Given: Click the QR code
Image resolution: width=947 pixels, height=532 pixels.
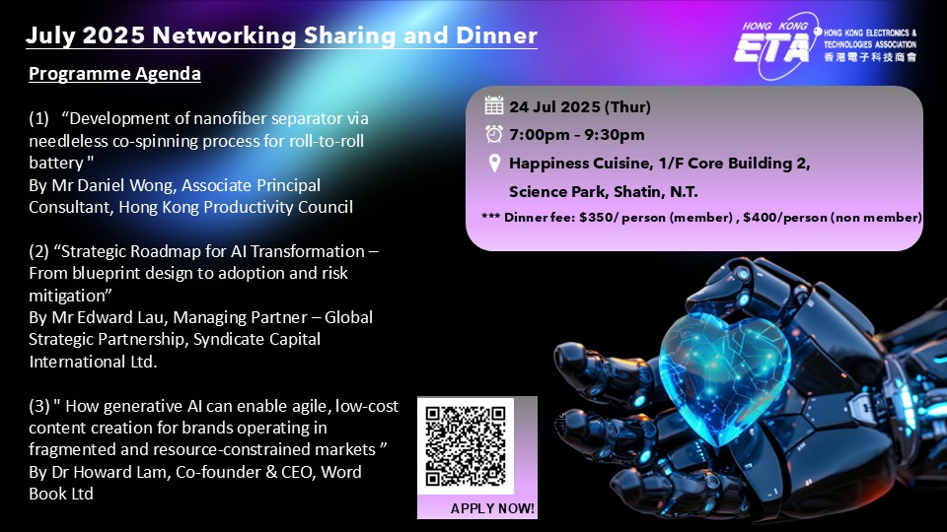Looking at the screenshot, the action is pos(465,445).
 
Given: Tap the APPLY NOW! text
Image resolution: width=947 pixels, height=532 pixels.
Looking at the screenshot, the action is pos(492,508).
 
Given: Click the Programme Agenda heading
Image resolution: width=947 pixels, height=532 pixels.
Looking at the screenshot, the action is pos(114,74).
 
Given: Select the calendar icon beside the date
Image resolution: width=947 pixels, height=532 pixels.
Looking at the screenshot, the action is pos(493,105).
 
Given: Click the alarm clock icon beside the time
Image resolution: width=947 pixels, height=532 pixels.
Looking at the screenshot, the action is pos(494,134).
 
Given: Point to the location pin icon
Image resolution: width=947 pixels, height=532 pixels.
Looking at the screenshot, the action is pos(494,164).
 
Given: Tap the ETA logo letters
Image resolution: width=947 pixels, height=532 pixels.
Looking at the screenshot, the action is pos(771,47).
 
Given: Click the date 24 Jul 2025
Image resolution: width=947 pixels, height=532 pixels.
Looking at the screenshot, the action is pos(554,106).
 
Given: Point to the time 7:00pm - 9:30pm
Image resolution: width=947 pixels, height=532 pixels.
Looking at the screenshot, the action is pos(577,135).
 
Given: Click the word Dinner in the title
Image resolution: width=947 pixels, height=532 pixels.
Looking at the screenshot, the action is pos(496,35).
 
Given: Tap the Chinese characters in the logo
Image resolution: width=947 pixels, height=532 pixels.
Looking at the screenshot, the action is pos(870,57).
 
